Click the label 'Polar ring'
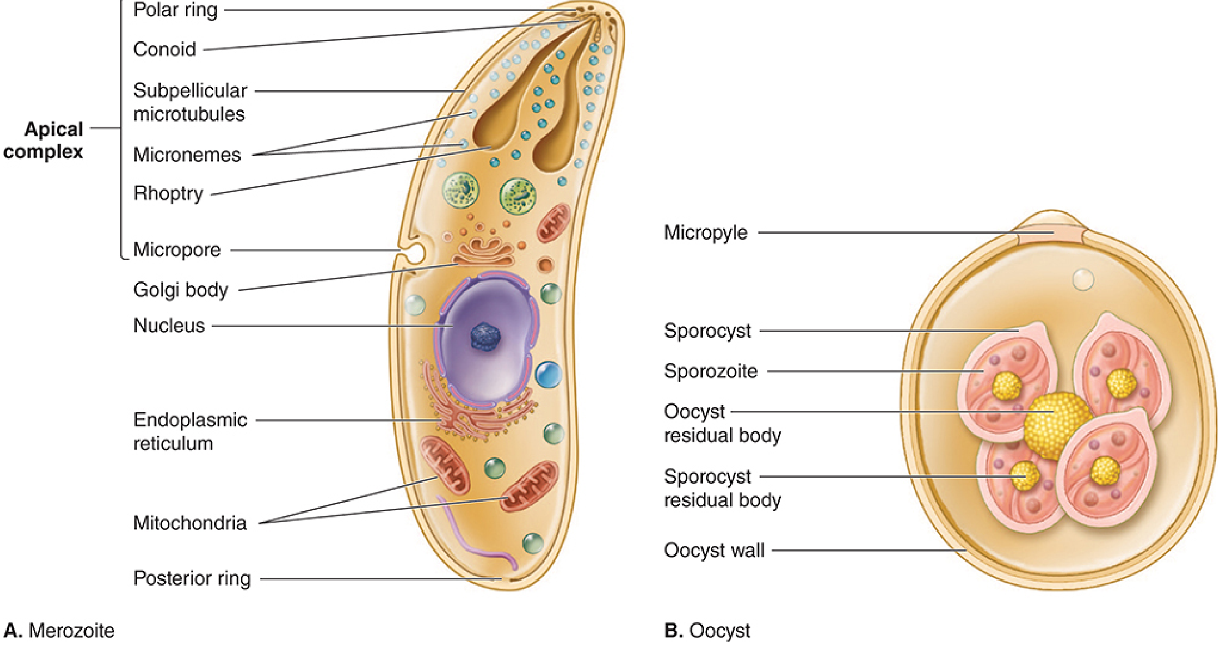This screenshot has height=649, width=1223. pos(175,10)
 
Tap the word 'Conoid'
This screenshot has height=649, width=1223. pos(165,49)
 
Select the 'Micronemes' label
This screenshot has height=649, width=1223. pos(187,155)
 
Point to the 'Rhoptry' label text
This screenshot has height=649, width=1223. pos(168,193)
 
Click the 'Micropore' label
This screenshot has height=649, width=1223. pos(177,249)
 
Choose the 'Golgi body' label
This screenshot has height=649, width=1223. pos(181,290)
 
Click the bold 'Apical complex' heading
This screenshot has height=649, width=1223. pos(43,140)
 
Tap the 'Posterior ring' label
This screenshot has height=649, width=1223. pos(192,578)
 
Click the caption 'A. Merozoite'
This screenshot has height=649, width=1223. pos(59,630)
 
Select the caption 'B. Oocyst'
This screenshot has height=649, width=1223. pos(707,630)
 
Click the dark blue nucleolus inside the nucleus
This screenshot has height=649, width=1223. pos(485,336)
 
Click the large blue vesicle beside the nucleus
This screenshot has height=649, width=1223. pos(548,374)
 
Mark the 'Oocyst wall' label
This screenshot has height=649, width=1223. pos(714,550)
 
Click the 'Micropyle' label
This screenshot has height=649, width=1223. pos(706,233)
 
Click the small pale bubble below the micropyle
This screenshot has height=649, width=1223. pos(1083,279)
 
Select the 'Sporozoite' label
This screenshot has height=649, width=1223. pos(710,371)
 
